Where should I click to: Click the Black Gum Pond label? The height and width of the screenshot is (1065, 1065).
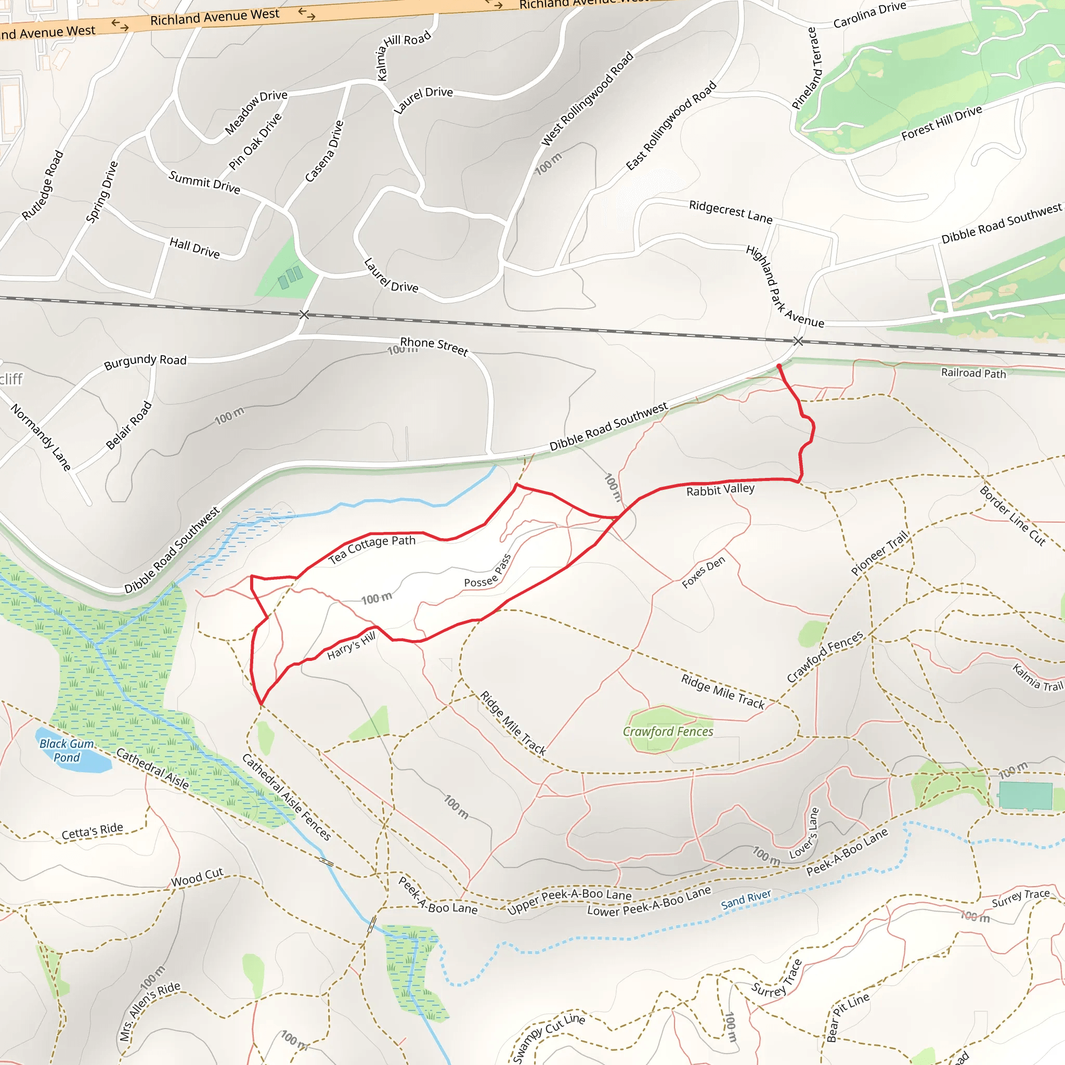tap(67, 750)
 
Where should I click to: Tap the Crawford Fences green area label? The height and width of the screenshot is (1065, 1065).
tap(668, 732)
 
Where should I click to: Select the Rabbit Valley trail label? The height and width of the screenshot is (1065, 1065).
tap(720, 489)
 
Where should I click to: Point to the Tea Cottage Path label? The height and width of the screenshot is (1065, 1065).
tap(372, 549)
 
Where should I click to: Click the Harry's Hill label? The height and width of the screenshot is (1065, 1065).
tap(351, 645)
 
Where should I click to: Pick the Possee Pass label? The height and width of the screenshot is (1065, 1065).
tap(488, 572)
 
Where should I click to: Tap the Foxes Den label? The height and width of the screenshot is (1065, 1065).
tap(704, 572)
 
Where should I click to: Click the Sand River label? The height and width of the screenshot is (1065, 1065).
tap(746, 900)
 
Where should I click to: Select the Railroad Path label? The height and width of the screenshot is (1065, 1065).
tap(973, 373)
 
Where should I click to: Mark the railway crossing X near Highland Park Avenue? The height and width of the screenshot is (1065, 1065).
tap(798, 341)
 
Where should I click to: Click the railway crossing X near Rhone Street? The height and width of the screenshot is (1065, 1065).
tap(304, 315)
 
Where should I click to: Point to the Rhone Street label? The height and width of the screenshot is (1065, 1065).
tap(434, 346)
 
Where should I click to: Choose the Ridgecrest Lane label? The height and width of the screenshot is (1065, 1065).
tap(731, 212)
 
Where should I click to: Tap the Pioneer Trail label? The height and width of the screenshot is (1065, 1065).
tap(879, 552)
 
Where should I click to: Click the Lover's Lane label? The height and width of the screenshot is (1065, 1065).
tap(805, 833)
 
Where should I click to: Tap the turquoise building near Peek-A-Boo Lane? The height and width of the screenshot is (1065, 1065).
tap(1025, 796)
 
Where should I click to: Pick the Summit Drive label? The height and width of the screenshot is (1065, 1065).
tap(204, 183)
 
